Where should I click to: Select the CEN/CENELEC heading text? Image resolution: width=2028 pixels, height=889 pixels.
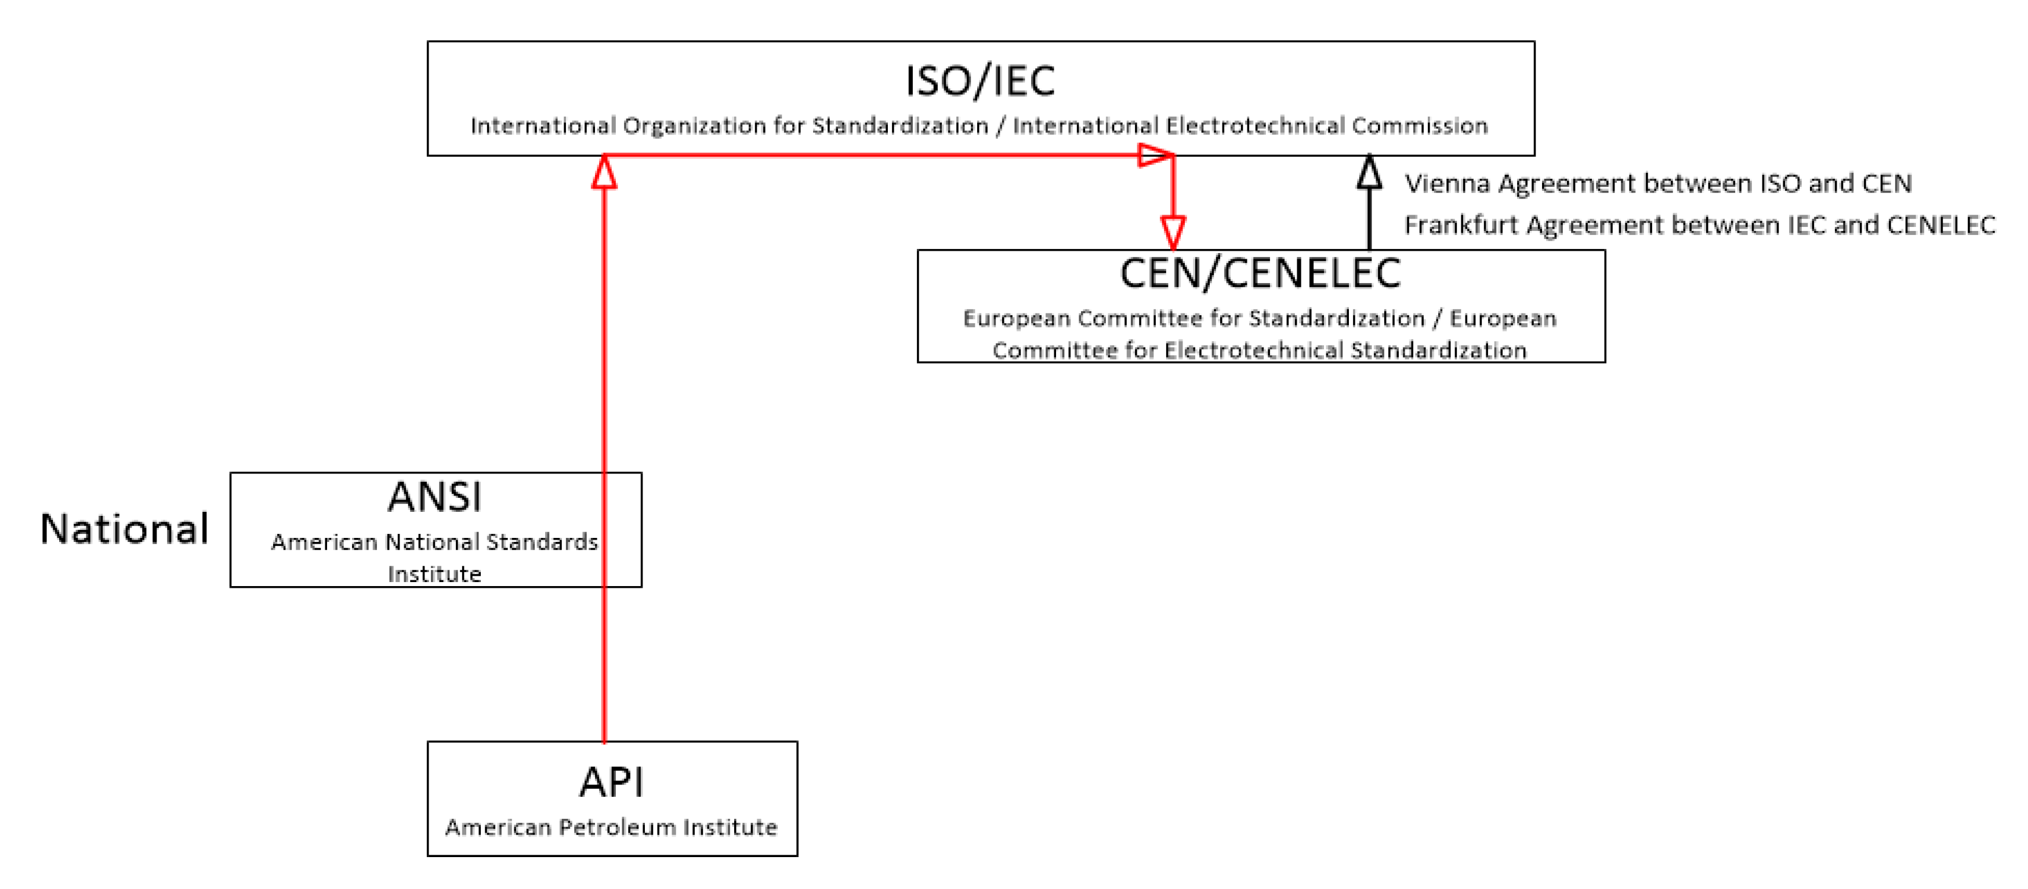coord(1260,273)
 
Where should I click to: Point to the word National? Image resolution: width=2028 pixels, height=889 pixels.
coord(124,529)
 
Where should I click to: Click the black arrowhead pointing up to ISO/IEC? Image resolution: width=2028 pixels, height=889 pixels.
coord(1369,172)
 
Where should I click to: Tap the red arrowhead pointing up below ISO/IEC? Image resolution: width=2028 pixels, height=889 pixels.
coord(604,172)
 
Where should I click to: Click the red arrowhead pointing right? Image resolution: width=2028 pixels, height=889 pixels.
coord(1155,155)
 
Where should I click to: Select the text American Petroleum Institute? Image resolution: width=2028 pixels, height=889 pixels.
coord(611,827)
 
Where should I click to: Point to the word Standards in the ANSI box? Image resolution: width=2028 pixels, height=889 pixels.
coord(542,542)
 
